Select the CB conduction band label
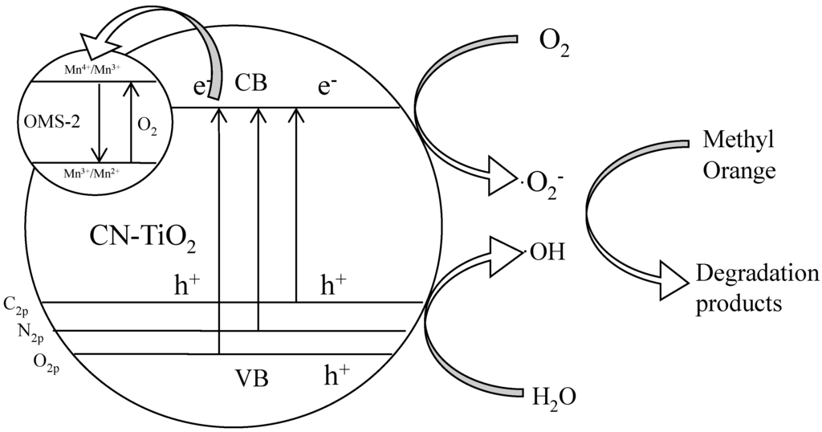(251, 83)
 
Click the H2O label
(553, 397)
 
